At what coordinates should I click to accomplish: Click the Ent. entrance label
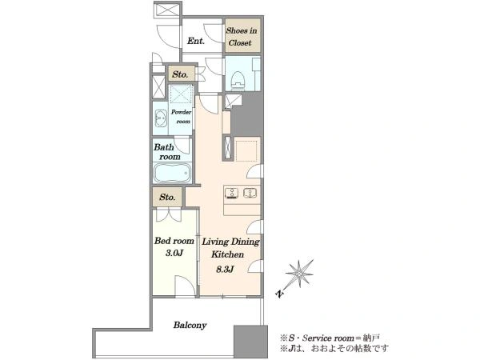tap(196, 41)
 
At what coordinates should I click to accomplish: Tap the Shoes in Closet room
tap(242, 35)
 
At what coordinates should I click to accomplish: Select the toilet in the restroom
tap(238, 81)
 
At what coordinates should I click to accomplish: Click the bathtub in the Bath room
tap(172, 174)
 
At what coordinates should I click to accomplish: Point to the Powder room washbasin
tap(161, 118)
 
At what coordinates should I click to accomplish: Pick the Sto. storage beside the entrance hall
tap(182, 74)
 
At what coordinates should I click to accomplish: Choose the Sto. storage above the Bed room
tap(167, 197)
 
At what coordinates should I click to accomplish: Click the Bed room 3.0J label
tap(174, 246)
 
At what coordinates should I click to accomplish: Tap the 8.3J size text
tap(225, 269)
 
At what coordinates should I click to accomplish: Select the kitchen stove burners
tap(232, 193)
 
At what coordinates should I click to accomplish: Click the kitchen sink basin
tap(250, 193)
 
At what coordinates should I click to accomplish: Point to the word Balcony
tap(190, 325)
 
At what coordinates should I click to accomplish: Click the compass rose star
tap(298, 274)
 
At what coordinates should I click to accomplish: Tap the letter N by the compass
tap(279, 294)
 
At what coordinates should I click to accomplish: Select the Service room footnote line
tap(330, 338)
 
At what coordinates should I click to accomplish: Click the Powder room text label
tap(182, 117)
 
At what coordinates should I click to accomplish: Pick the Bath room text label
tap(167, 152)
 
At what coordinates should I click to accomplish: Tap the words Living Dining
tap(231, 242)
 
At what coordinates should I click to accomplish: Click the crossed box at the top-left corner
tap(167, 10)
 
